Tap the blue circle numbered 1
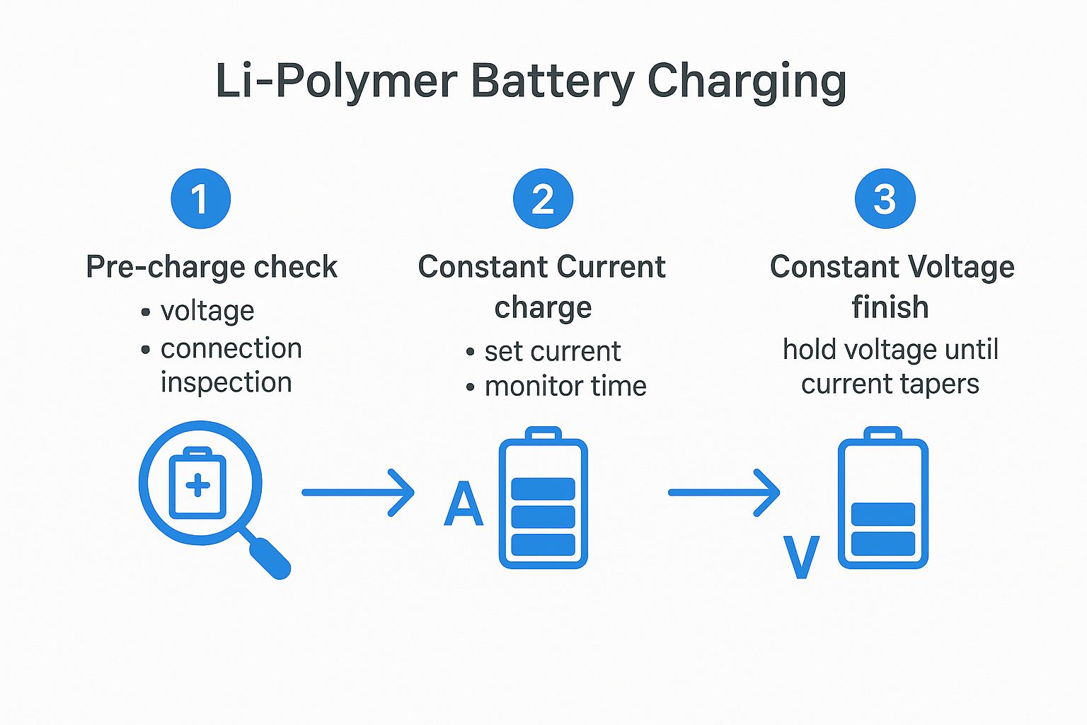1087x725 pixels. click(x=201, y=199)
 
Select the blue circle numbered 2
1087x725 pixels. click(x=543, y=199)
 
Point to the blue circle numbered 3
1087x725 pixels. click(x=885, y=199)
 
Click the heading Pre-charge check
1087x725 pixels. click(x=212, y=268)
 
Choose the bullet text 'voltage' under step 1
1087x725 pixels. click(x=207, y=312)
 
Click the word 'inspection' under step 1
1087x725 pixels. click(x=226, y=383)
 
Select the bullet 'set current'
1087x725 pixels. click(x=552, y=352)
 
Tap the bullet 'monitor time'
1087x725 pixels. click(x=565, y=387)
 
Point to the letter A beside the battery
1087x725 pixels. click(x=464, y=505)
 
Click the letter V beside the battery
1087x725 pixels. click(x=801, y=557)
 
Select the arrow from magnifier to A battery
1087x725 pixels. click(x=358, y=492)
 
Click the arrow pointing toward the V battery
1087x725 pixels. click(x=724, y=492)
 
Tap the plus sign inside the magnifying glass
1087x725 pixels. click(x=197, y=486)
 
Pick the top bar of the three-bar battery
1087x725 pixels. click(x=543, y=489)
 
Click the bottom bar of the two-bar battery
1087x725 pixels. click(x=882, y=543)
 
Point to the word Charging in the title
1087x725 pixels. click(x=747, y=81)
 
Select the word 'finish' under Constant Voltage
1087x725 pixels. click(x=890, y=308)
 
